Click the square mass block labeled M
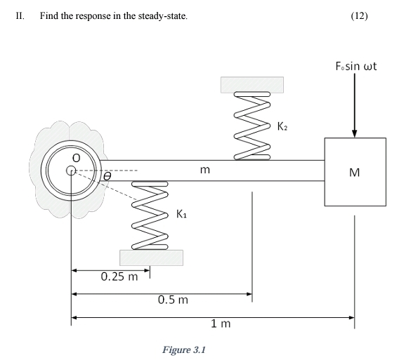[355, 172]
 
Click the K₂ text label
[282, 127]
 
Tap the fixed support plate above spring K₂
[252, 84]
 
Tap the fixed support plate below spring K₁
[152, 258]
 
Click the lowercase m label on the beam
[204, 169]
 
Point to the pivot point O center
[70, 170]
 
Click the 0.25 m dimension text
[119, 276]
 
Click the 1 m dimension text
[220, 324]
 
